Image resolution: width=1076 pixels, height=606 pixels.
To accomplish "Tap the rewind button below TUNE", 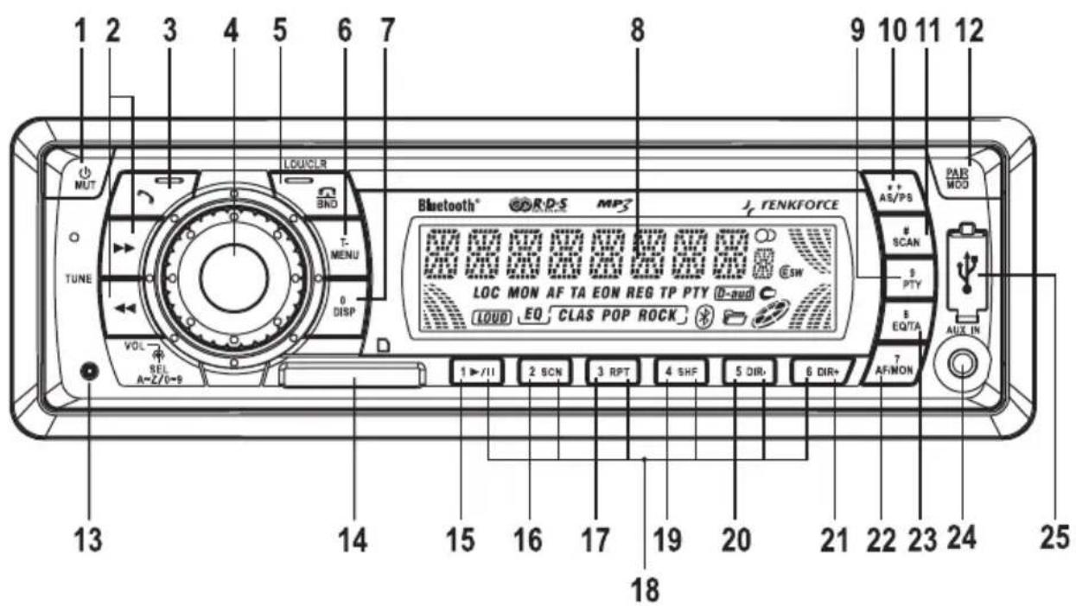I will point(124,305).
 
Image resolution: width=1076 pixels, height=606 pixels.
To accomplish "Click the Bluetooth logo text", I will point(447,206).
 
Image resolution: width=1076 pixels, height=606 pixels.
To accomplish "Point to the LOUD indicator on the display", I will point(491,317).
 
